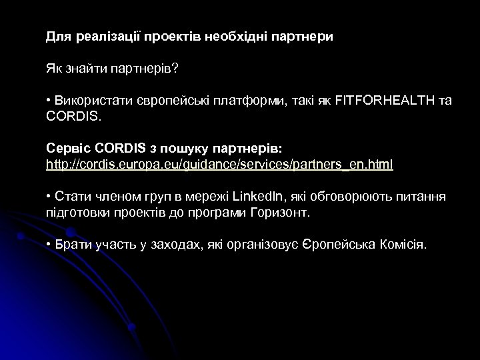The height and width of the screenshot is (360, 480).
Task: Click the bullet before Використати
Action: click(x=49, y=101)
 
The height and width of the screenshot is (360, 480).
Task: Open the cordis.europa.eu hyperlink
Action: click(x=219, y=164)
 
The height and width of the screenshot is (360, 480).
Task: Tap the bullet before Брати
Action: click(x=49, y=245)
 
